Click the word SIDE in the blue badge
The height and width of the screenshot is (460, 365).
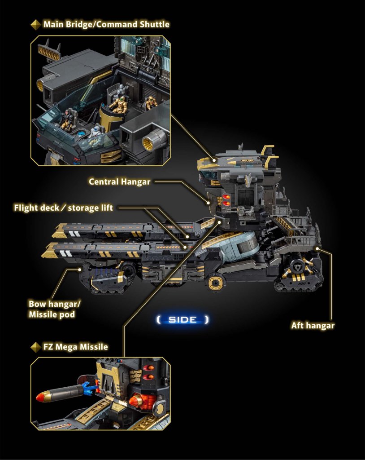tap(182, 320)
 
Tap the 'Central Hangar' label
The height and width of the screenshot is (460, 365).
tap(119, 182)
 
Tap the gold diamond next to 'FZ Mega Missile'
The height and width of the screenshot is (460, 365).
tap(36, 347)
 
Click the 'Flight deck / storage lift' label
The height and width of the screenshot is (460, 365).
tap(63, 208)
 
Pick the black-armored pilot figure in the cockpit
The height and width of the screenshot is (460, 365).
tap(67, 119)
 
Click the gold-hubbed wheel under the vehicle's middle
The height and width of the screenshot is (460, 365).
tap(217, 283)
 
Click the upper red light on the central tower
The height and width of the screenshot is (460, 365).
tap(226, 197)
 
